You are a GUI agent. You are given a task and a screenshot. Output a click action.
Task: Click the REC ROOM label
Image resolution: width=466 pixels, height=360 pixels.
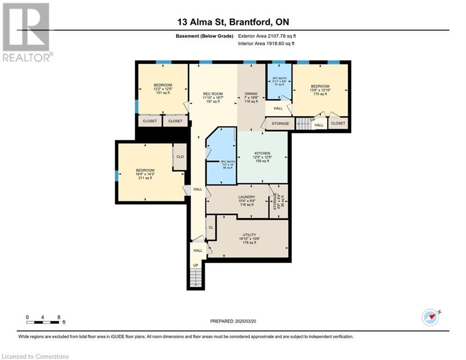click(x=213, y=94)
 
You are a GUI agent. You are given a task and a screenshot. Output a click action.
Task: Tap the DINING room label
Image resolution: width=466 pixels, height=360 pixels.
click(x=251, y=94)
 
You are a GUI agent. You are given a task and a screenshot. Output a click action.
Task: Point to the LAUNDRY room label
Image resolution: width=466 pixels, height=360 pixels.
click(x=246, y=197)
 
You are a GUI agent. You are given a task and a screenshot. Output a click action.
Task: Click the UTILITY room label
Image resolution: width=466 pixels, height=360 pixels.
click(x=249, y=235)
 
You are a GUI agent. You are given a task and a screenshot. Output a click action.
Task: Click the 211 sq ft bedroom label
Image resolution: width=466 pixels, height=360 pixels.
click(x=145, y=171)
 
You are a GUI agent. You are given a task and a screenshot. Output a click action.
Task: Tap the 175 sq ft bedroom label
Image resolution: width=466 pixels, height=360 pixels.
click(x=320, y=86)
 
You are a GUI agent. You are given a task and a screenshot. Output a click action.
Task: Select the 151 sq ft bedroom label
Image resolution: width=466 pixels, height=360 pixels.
click(x=163, y=85)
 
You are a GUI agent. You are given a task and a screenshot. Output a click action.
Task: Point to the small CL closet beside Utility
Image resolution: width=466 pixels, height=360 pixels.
click(x=211, y=227)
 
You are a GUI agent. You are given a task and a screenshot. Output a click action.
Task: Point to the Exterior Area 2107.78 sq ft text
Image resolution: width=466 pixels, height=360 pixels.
click(x=266, y=36)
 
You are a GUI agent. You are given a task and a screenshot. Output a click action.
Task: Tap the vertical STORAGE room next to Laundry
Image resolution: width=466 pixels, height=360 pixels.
click(x=278, y=201)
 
